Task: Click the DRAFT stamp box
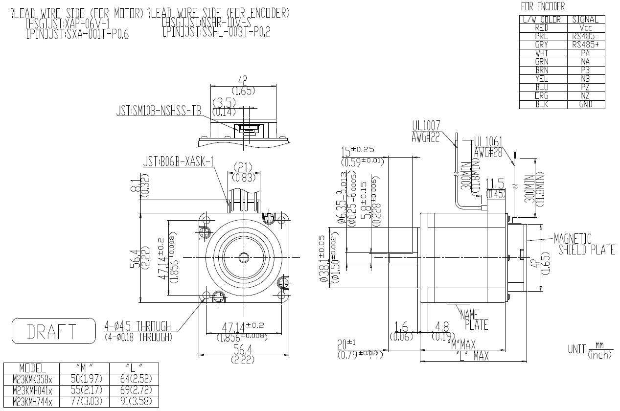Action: tap(53, 331)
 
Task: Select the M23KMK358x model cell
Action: tap(32, 378)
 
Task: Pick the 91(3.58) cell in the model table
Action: tap(135, 401)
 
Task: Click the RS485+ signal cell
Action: tap(585, 45)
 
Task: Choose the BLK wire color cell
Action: tap(542, 104)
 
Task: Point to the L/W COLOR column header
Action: tap(542, 20)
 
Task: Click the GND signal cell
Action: tap(585, 104)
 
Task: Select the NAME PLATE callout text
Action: tap(474, 320)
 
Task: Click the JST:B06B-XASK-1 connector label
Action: tap(179, 162)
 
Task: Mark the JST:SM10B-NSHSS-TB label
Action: tap(159, 111)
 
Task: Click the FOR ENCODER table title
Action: tap(543, 6)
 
